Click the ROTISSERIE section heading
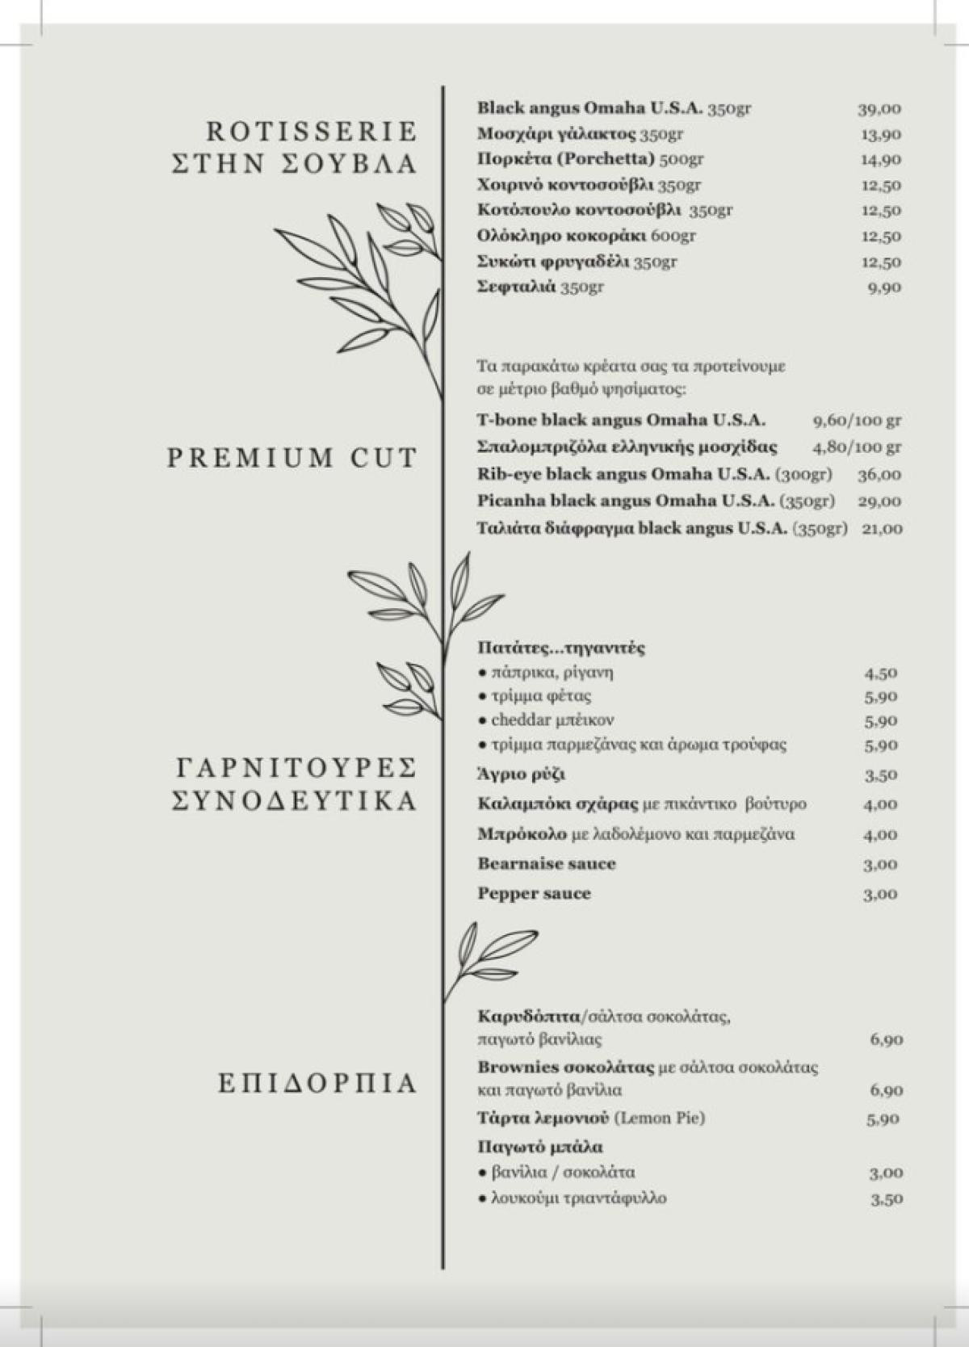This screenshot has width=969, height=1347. (311, 131)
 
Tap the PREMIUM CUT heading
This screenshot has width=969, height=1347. (292, 458)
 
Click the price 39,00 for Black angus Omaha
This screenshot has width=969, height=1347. (879, 109)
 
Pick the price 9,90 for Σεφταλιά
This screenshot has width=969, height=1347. (884, 287)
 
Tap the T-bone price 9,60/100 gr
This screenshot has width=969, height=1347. (856, 421)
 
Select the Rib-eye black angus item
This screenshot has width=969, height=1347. (654, 474)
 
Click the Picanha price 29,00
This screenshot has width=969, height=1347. (879, 501)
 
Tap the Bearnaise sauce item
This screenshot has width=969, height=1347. (546, 864)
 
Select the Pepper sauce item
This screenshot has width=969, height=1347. (534, 894)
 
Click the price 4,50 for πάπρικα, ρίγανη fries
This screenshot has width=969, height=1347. (880, 673)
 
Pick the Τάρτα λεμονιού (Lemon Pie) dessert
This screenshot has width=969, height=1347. (590, 1118)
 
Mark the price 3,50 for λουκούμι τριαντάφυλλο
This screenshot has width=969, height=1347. (886, 1199)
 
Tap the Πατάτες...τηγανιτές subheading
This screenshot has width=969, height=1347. (560, 648)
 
